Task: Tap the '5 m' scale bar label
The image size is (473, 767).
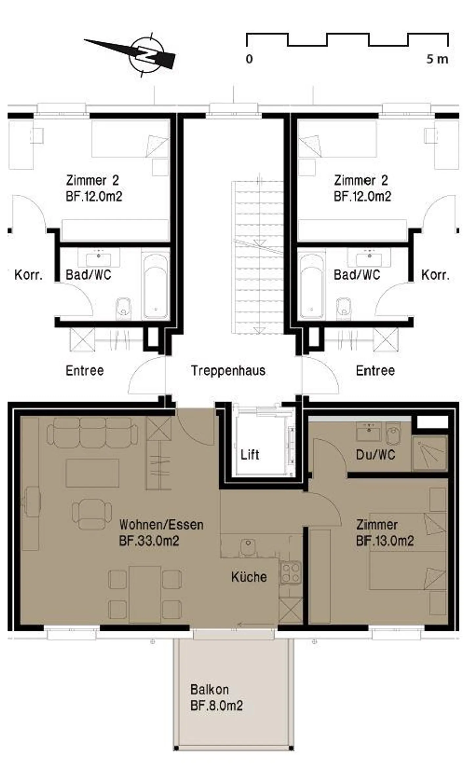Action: pos(437,59)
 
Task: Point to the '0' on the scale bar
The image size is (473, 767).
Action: pos(249,59)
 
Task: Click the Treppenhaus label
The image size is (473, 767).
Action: pos(228,371)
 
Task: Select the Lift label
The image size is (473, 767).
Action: pos(250,455)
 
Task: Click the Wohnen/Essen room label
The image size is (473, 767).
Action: pos(161,524)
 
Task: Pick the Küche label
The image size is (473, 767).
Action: pos(249,577)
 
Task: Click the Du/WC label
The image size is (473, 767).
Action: pos(375,455)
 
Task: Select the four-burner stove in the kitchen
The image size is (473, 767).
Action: pos(290,573)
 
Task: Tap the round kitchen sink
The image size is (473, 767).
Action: pos(248,547)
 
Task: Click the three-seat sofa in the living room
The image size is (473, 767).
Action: pos(92,433)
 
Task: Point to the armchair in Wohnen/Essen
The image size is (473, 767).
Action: pos(92,514)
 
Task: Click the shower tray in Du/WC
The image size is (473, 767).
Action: pos(430,453)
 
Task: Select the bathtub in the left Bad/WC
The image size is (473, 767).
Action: pos(156,285)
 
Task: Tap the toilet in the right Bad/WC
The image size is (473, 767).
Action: pos(344,308)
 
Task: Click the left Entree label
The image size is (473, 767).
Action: pos(85,371)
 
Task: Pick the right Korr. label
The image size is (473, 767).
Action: pos(435,275)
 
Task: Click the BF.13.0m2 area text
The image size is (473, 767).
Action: pos(385,541)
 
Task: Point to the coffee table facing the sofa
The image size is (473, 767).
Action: pos(92,473)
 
